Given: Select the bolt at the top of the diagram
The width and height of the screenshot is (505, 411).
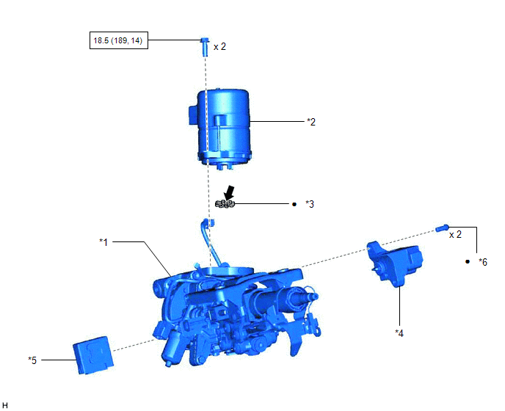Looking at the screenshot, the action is click(x=204, y=47).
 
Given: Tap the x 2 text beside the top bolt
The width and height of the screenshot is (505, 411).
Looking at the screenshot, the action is click(x=219, y=47).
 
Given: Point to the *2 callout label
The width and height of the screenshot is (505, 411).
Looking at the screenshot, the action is click(x=311, y=122).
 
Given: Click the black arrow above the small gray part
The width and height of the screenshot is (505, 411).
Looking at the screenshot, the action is click(x=229, y=192).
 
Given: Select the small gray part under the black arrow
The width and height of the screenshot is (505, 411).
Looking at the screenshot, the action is click(x=225, y=204).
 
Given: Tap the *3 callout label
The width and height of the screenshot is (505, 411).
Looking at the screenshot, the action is click(x=310, y=204).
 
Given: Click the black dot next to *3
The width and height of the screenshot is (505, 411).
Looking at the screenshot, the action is click(x=294, y=204).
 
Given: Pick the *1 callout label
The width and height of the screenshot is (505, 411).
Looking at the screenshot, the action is click(x=103, y=242).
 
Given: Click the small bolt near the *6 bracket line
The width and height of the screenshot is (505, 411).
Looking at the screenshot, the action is click(x=442, y=228).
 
